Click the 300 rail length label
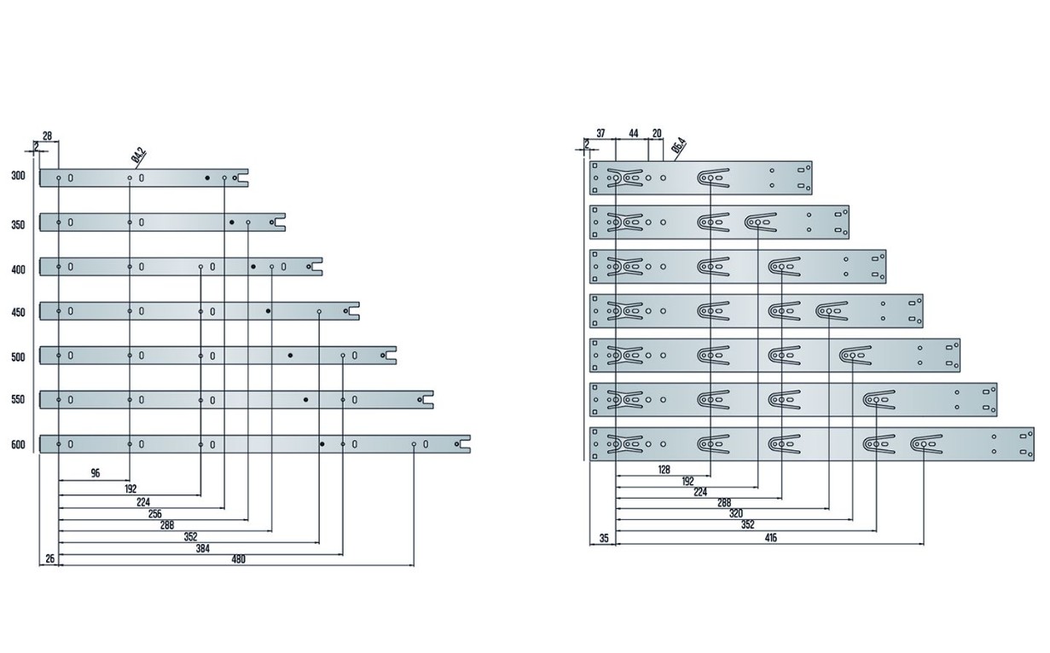pos(19,176)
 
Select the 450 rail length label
pos(19,313)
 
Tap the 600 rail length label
pos(19,444)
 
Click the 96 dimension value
pos(95,472)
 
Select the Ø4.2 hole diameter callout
pos(138,156)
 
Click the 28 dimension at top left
pos(47,136)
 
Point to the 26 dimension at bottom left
pos(49,559)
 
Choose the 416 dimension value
pos(770,538)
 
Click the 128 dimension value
pos(664,470)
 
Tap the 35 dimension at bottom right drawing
pos(604,538)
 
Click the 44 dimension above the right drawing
pos(633,134)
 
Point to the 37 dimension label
pos(600,134)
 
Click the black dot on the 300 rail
pos(207,178)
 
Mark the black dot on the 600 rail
pos(322,444)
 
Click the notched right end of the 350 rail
pos(280,222)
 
